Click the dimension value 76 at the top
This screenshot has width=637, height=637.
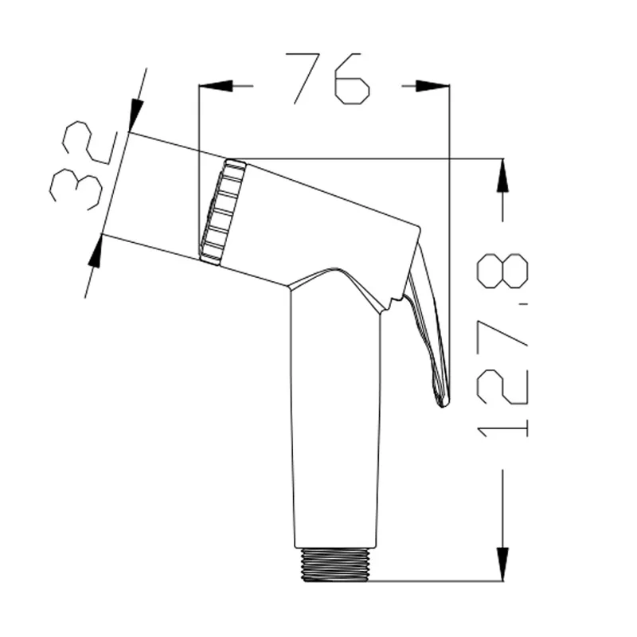(x=327, y=79)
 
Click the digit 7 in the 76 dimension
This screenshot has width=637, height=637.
(x=307, y=79)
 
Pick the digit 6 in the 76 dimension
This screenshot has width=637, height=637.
(x=353, y=79)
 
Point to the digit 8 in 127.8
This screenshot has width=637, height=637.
(x=502, y=271)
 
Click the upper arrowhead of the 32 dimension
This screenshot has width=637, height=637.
(x=135, y=111)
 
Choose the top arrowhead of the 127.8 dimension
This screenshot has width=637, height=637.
(x=502, y=174)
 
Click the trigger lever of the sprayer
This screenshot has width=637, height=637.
(x=427, y=318)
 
